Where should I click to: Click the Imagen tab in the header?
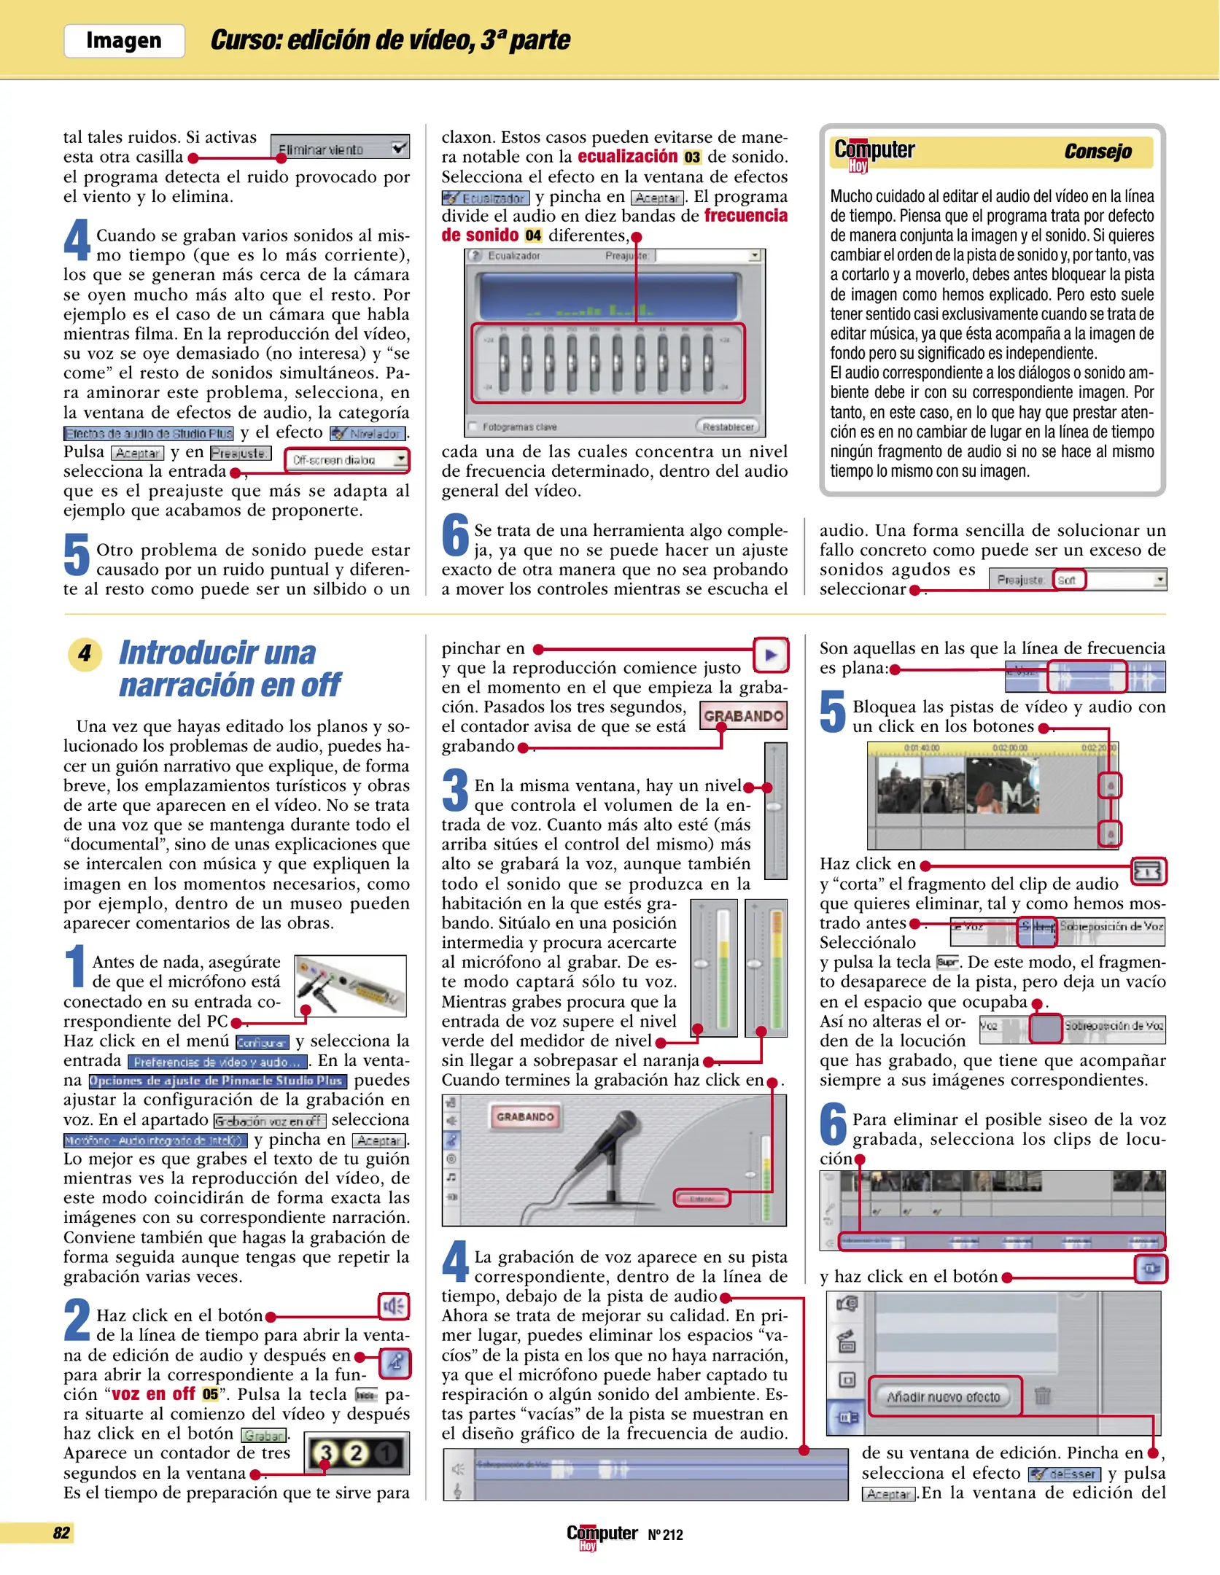(124, 41)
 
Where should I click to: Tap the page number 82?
(61, 1533)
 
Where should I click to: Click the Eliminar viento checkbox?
(399, 147)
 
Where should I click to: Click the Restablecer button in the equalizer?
(727, 427)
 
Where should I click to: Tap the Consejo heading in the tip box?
(1097, 152)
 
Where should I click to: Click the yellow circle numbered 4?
(85, 653)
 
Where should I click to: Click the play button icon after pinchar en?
(771, 655)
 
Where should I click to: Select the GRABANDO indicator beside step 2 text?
(743, 716)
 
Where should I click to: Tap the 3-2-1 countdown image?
(357, 1453)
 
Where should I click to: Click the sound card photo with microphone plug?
(351, 984)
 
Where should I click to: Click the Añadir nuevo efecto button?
(944, 1396)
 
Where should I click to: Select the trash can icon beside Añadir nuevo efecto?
(1043, 1396)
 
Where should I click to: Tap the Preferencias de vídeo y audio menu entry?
(217, 1062)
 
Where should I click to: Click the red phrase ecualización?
(627, 157)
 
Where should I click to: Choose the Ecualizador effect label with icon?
(485, 198)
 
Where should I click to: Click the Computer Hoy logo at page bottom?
(602, 1536)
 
